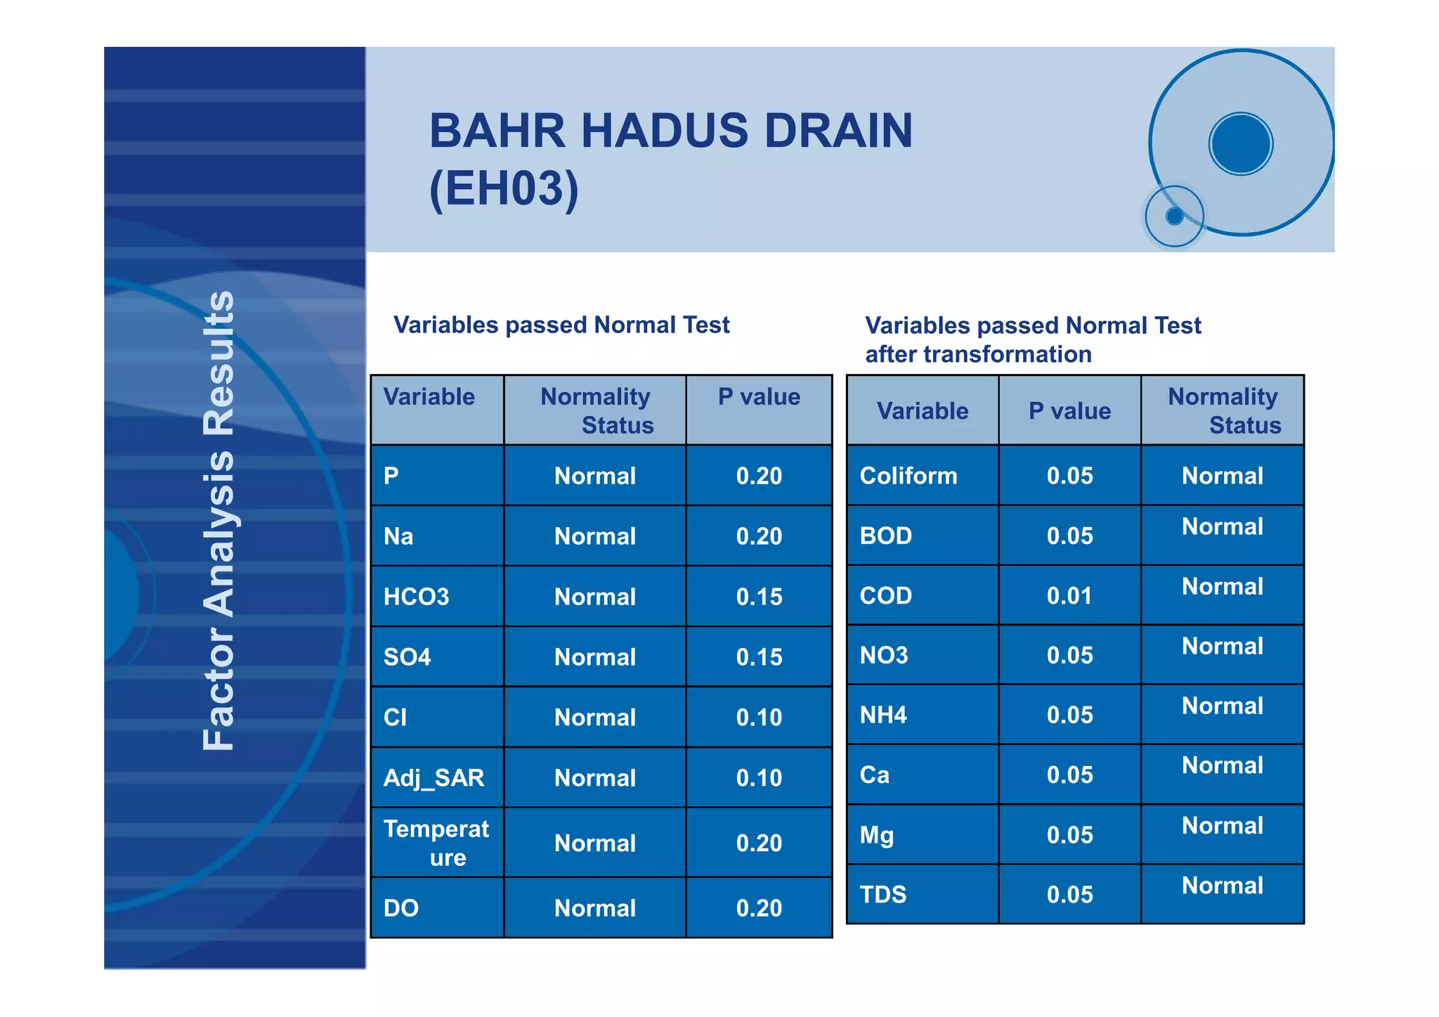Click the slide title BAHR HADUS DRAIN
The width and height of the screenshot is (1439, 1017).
[670, 131]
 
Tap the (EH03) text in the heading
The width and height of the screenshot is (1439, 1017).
[504, 188]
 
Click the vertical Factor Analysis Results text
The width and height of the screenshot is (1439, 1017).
[219, 520]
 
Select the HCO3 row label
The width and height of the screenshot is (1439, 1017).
[416, 597]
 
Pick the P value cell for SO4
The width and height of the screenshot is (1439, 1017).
[759, 657]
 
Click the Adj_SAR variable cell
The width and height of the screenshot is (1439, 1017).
[434, 778]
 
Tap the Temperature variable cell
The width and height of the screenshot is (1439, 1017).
[436, 843]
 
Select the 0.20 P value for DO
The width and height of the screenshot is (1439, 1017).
[759, 908]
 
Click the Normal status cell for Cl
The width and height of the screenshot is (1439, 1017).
[594, 718]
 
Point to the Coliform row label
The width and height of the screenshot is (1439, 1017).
[908, 476]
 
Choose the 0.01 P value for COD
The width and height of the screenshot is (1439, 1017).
[1069, 596]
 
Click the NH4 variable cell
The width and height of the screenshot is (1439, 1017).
[883, 715]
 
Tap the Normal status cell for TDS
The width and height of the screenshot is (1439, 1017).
[1222, 886]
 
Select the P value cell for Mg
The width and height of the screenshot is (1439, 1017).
[1069, 835]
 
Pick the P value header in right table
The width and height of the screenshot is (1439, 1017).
[1069, 411]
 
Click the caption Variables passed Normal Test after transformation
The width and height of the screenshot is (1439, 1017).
[1033, 339]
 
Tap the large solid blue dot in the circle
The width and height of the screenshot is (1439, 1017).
[1241, 143]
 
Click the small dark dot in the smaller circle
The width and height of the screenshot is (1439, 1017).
[1174, 216]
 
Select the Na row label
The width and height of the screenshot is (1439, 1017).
[398, 536]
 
